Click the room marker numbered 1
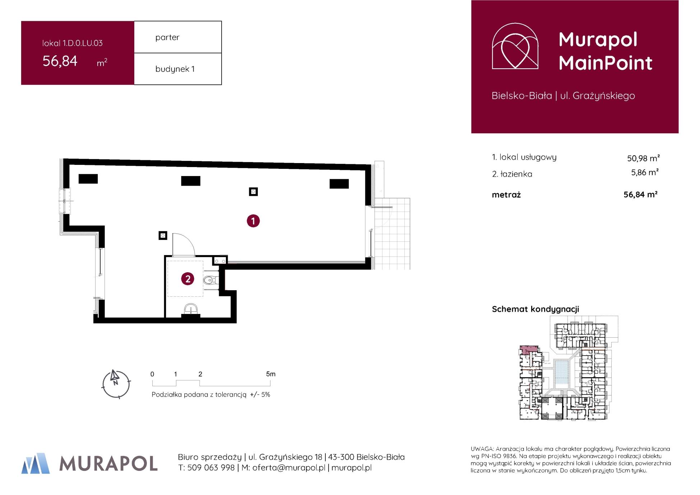click(253, 221)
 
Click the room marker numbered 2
click(188, 279)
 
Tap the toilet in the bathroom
click(210, 279)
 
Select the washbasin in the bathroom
click(190, 309)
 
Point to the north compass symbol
click(116, 384)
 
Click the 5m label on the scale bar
click(271, 374)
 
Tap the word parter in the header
click(167, 37)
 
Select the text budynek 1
click(175, 69)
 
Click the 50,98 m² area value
click(643, 158)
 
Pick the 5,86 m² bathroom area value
click(645, 172)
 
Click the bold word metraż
click(506, 195)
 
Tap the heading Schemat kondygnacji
click(536, 309)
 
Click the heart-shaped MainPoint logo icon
click(515, 46)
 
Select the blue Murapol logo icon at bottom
click(36, 463)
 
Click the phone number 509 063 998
click(211, 468)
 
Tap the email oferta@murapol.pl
click(289, 468)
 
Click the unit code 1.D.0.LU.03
click(83, 43)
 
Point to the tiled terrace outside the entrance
click(392, 233)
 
